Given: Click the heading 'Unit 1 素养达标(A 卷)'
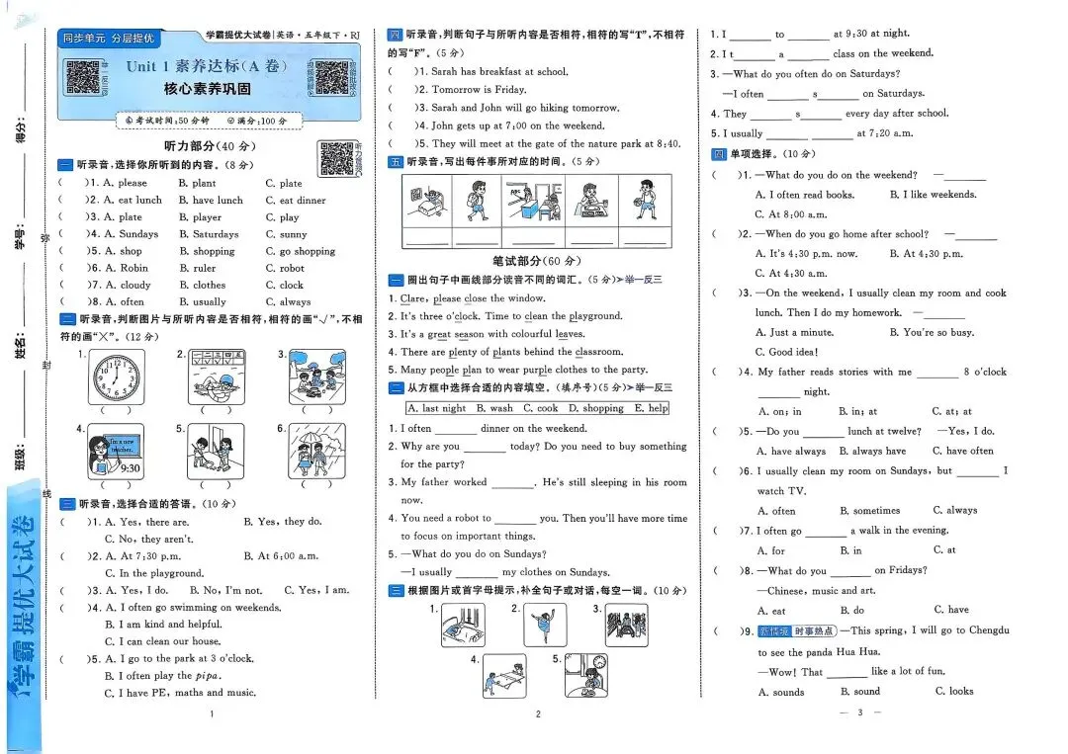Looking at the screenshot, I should coord(207,66).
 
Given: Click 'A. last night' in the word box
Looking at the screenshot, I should coord(438,408).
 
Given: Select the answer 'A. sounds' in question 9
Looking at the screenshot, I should coord(781,692).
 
